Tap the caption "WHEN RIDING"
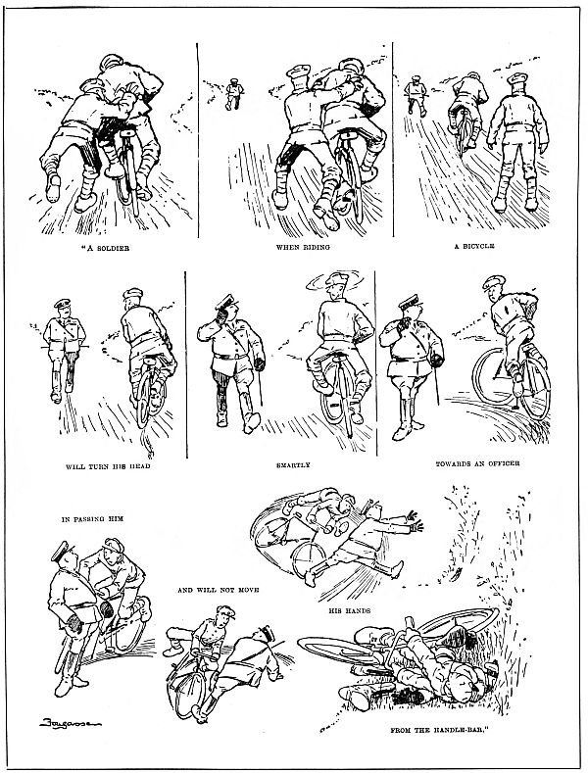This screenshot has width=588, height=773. (x=297, y=248)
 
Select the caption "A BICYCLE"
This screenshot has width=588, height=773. (x=474, y=248)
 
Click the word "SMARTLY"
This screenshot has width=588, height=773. (x=294, y=465)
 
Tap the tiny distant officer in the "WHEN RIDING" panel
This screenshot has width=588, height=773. (x=234, y=91)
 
